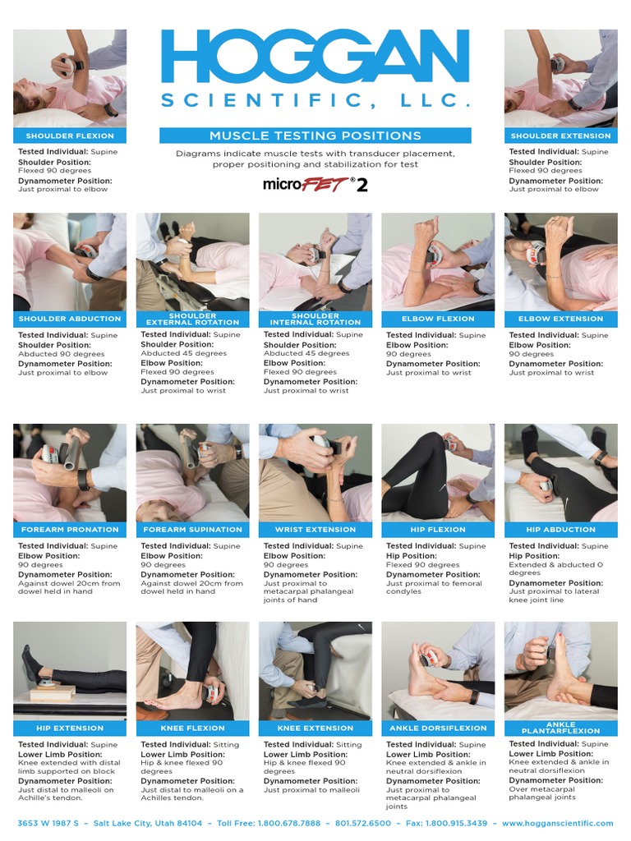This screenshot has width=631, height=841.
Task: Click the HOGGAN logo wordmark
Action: click(x=315, y=57)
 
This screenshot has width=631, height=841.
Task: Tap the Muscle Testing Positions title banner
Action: click(x=315, y=136)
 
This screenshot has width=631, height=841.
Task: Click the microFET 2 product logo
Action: click(x=315, y=185)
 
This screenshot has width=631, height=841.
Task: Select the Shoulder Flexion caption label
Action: click(x=70, y=136)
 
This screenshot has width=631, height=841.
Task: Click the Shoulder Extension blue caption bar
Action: click(x=560, y=136)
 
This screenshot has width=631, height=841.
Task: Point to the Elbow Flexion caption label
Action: click(x=438, y=319)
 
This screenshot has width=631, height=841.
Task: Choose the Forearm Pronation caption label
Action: click(x=70, y=530)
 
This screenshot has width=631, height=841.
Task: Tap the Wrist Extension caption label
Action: click(x=315, y=530)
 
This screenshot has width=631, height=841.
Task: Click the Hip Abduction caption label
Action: click(x=560, y=530)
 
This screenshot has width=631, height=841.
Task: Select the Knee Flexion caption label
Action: click(x=192, y=728)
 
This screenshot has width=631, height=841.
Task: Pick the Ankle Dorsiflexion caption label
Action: click(x=438, y=728)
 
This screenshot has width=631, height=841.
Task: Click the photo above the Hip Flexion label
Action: click(x=438, y=473)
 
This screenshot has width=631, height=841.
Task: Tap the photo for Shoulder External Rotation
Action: click(x=192, y=262)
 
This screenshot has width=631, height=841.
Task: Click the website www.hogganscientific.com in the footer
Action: click(x=558, y=823)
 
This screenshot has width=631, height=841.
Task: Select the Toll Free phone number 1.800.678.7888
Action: click(x=289, y=823)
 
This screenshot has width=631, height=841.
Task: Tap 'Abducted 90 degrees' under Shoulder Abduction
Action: click(x=61, y=354)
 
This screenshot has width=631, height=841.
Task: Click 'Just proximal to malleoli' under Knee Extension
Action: click(x=311, y=790)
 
